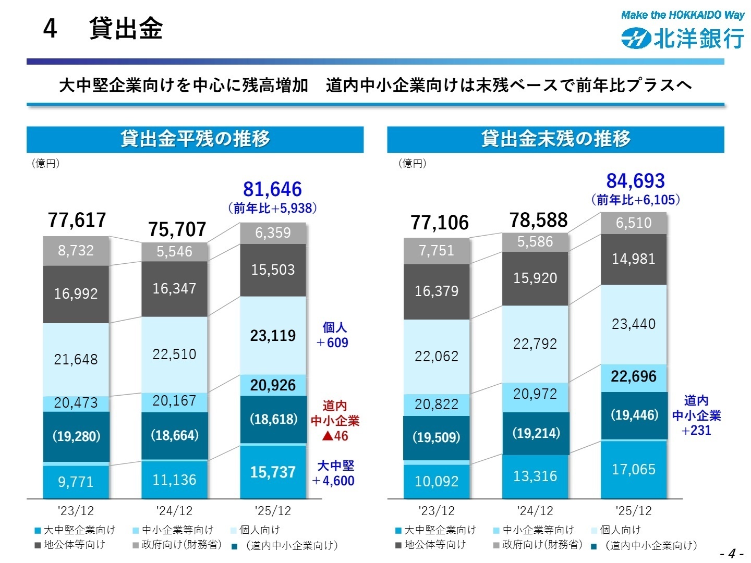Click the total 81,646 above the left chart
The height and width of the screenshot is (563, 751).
pos(272,189)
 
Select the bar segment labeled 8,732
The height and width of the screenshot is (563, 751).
pos(76,251)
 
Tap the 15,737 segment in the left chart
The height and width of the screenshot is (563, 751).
pos(273,472)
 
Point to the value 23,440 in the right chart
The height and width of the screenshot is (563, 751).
pos(633,324)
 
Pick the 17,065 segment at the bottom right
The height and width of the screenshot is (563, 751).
pos(633,470)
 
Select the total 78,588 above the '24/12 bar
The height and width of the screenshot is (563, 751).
pos(538,221)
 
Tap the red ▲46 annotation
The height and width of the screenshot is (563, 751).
pos(335,436)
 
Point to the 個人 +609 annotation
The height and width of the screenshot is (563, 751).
pos(334,335)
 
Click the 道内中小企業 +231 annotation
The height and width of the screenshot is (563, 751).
pos(696,415)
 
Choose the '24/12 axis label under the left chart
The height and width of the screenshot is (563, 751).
pos(174,511)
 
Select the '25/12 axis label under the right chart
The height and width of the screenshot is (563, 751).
pos(633,511)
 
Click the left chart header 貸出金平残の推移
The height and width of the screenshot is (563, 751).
pos(195,139)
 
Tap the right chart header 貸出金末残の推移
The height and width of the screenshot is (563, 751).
pos(555,139)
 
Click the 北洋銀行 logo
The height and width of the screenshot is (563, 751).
pos(683,38)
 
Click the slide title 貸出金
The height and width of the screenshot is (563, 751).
pos(125,28)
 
